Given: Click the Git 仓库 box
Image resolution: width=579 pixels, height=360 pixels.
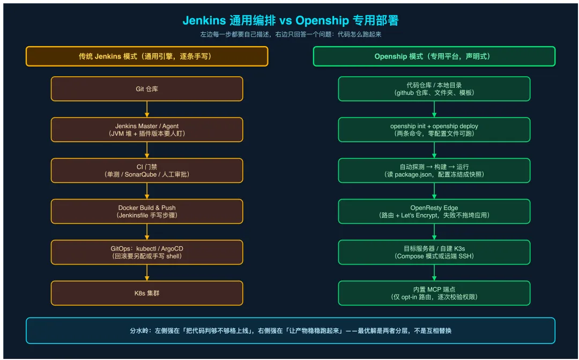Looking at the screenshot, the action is [147, 89].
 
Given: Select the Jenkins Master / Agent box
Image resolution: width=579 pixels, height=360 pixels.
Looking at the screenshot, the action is [147, 130].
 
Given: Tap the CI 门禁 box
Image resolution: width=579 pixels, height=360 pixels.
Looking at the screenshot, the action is [147, 171].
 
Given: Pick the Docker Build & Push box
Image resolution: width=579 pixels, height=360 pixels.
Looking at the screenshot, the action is [147, 211].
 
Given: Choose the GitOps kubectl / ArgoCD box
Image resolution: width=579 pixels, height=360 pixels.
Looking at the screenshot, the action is [147, 252].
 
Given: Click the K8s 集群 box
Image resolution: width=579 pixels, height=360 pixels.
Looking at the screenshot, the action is [147, 293].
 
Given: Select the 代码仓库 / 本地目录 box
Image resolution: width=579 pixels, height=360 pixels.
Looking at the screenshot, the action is [434, 89].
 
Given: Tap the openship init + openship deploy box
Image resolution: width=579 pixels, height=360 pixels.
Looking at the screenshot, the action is [434, 130].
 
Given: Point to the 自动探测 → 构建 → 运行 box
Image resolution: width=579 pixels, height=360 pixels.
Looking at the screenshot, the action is [434, 171].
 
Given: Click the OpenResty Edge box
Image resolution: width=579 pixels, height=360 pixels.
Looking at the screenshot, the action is [434, 211].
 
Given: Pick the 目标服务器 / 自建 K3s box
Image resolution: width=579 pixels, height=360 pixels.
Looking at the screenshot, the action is [434, 252].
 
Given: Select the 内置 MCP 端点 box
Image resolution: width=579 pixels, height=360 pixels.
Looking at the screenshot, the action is [434, 293].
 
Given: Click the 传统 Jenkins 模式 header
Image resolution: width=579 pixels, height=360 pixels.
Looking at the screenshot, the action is [147, 56].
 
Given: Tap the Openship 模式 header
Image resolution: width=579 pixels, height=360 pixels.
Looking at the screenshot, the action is [434, 56].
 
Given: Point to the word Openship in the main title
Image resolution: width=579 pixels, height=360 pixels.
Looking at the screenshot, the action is [322, 21].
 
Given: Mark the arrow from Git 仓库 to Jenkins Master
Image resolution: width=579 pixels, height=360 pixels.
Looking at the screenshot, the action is [147, 109].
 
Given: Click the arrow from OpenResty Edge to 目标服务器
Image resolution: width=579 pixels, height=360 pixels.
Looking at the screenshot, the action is [434, 232].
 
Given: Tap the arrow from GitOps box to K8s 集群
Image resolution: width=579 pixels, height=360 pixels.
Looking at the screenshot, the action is [147, 273].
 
